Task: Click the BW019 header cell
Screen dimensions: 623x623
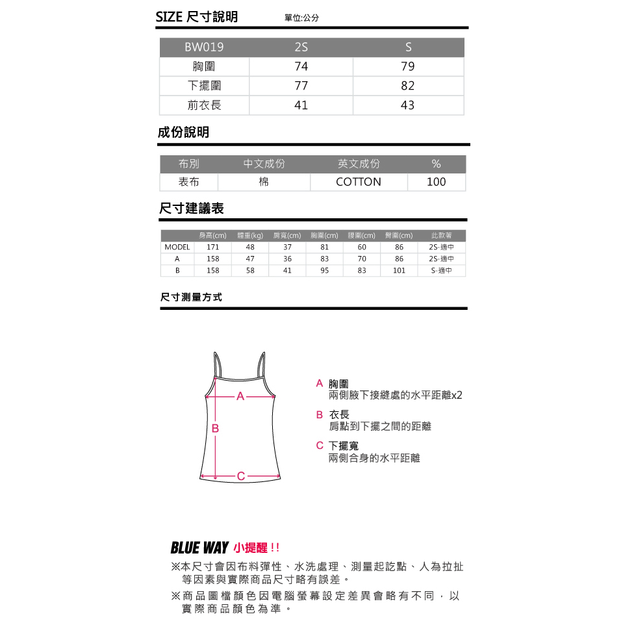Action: (204, 47)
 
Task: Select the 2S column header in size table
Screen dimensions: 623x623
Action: (301, 47)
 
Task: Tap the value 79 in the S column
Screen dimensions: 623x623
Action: (408, 67)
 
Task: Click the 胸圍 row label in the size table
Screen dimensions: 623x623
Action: (204, 67)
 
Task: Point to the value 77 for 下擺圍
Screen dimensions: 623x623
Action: (301, 86)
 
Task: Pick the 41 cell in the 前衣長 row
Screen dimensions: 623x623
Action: (301, 105)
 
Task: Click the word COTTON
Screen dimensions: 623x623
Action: (359, 182)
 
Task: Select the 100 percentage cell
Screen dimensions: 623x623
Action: (437, 182)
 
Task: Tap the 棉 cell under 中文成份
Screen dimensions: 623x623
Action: (264, 182)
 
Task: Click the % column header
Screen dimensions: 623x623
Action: (437, 164)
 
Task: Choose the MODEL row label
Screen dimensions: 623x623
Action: (177, 248)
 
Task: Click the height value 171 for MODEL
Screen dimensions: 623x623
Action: (213, 248)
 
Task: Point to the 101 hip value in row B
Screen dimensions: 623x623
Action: (399, 270)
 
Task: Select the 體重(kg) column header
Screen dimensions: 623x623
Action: (250, 236)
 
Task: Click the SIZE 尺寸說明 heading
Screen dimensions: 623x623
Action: (197, 17)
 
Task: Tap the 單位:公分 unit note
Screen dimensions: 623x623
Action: (302, 18)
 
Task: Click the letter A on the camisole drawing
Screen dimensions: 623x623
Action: (240, 396)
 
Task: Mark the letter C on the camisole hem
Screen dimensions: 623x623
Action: (240, 476)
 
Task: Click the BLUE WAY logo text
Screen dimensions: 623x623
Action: (199, 548)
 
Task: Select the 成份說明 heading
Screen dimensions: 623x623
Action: (184, 133)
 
